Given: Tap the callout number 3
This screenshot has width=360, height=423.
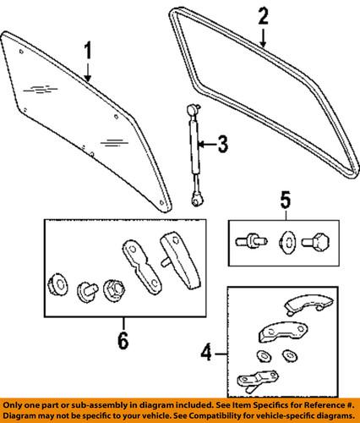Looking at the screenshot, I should tap(221, 146).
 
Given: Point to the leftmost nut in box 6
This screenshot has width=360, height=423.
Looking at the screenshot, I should tap(58, 283).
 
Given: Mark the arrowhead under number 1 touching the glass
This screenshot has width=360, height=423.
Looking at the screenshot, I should tap(88, 80).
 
